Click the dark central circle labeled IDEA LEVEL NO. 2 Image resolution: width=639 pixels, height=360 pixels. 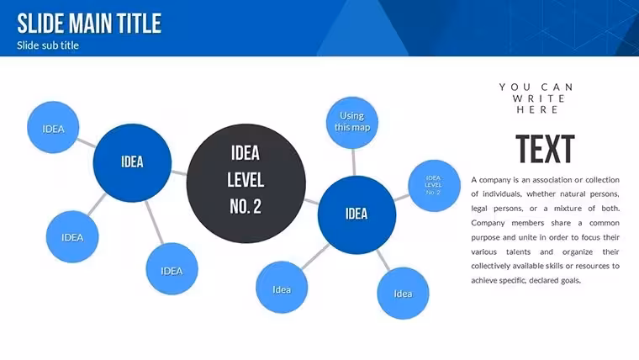[x=246, y=183]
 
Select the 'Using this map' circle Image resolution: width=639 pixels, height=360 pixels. [x=352, y=122]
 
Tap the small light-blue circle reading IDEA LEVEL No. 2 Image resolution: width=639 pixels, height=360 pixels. [x=434, y=186]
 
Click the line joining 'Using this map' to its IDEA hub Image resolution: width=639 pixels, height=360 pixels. [x=353, y=162]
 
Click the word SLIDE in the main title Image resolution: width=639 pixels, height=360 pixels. [x=40, y=24]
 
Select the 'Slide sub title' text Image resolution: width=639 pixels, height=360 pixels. [x=48, y=45]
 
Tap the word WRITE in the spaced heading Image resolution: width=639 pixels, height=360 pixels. [x=538, y=98]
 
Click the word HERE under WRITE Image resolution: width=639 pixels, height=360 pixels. [x=537, y=109]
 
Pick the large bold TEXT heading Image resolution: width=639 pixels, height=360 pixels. [x=546, y=149]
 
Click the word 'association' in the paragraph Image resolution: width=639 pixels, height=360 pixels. [x=552, y=180]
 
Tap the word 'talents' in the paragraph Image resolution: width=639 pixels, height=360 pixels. [x=518, y=252]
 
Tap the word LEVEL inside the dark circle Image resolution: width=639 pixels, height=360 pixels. [x=246, y=180]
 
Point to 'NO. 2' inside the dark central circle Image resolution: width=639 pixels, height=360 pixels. [x=246, y=206]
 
